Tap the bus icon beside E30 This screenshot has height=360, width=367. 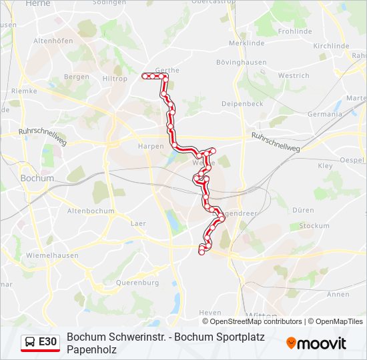[30, 342]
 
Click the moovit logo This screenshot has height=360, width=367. [316, 343]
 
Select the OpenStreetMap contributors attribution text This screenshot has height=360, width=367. [256, 321]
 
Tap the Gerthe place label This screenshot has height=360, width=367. [167, 69]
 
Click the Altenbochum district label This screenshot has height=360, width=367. [91, 211]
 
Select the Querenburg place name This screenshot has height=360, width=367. [137, 283]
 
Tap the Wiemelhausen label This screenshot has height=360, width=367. [51, 255]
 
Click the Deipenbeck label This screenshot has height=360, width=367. [242, 104]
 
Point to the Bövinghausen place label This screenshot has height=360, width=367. [241, 63]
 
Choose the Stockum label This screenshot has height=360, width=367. [314, 226]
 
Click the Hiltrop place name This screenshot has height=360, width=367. [114, 79]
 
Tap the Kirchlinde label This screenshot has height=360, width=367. [331, 46]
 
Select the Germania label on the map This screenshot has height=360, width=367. [324, 114]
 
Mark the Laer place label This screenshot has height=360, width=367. [138, 223]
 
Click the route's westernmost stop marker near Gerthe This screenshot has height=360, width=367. [145, 77]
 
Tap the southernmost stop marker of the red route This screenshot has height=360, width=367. [202, 252]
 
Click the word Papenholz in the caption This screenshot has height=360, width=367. [91, 349]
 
